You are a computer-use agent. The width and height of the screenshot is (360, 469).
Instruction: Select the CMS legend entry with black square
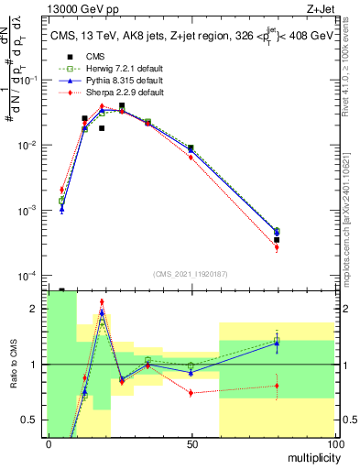[82, 57]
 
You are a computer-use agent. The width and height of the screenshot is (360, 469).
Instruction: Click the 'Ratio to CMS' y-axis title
[12, 364]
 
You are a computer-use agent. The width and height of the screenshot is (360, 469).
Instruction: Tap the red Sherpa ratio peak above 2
[102, 301]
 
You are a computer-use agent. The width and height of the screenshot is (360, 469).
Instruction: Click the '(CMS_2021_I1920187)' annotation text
[190, 273]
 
